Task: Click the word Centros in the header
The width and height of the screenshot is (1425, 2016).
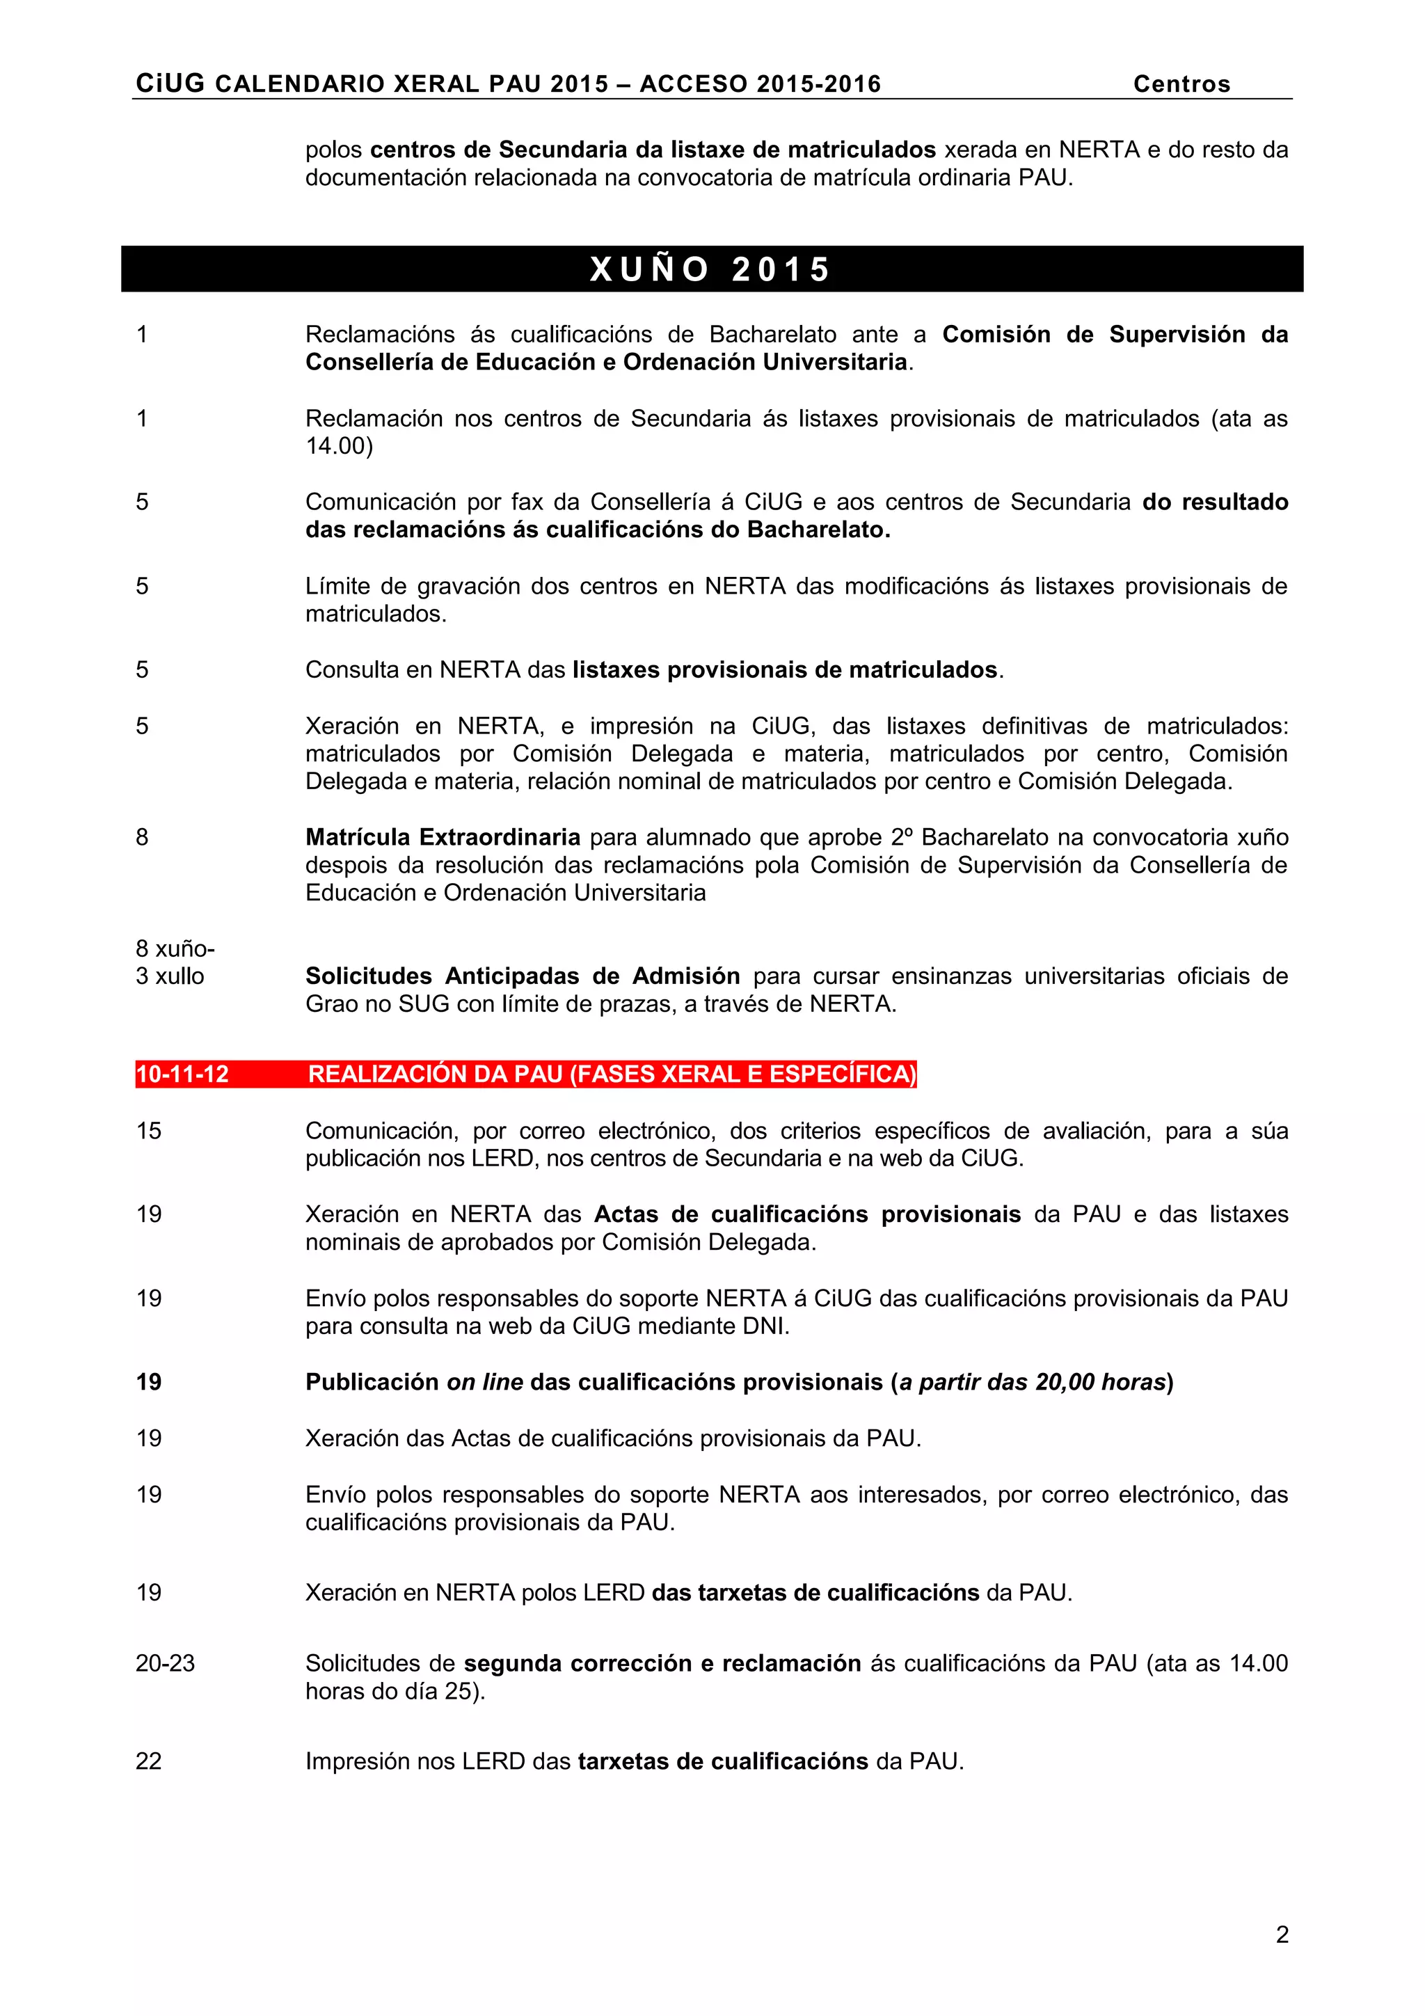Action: [1181, 84]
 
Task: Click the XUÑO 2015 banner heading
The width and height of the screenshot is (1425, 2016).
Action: [710, 269]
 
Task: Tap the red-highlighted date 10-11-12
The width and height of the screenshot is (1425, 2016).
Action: [182, 1074]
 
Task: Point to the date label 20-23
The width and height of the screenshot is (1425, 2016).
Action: [165, 1663]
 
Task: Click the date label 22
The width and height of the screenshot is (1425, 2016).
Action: [148, 1761]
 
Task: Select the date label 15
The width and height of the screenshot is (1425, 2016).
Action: [148, 1130]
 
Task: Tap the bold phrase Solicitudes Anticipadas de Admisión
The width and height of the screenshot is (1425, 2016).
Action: [523, 976]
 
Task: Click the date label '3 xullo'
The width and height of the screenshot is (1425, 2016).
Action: [170, 976]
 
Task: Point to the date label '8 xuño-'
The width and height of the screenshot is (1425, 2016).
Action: [175, 949]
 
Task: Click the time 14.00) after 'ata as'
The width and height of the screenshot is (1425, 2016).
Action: [339, 446]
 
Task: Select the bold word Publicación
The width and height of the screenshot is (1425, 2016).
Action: [372, 1382]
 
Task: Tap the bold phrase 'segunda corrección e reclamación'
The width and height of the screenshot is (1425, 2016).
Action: [662, 1663]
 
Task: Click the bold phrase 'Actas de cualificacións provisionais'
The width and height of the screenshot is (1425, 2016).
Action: [807, 1214]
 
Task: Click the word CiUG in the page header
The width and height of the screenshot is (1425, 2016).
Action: [170, 84]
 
